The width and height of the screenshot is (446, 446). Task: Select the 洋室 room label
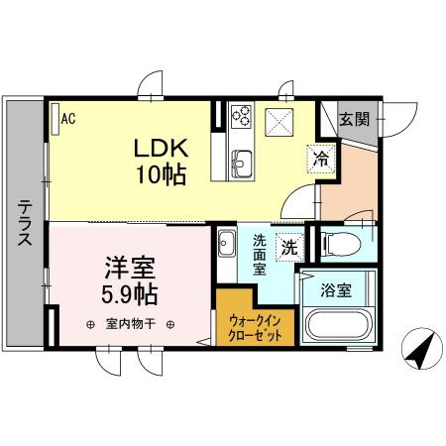[128, 269]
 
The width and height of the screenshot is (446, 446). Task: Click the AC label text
[68, 119]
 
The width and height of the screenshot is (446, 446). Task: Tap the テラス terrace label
[23, 222]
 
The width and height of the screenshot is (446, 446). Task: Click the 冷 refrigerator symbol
[321, 157]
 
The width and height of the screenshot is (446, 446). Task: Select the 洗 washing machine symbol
[287, 248]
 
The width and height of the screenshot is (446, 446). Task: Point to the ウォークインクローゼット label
[255, 327]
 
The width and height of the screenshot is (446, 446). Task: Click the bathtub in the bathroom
[338, 327]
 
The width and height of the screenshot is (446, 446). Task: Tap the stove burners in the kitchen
[242, 117]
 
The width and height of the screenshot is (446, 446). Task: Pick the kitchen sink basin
[243, 160]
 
